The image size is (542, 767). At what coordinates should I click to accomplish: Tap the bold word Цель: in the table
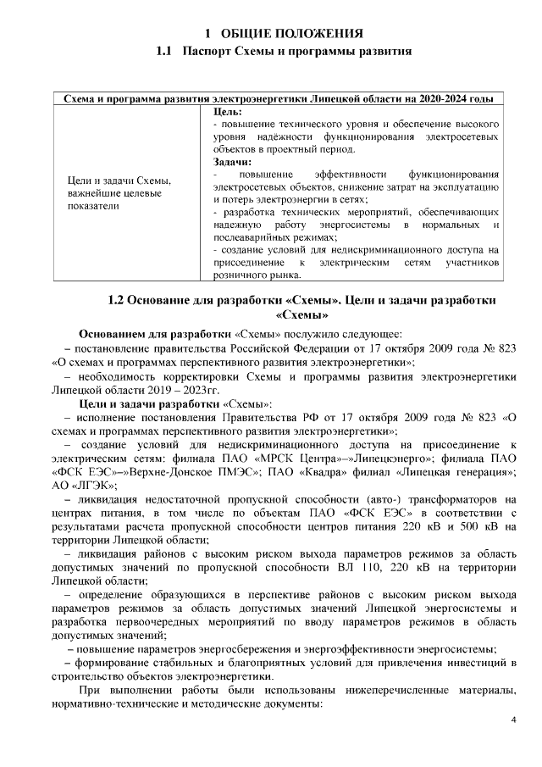click(x=228, y=111)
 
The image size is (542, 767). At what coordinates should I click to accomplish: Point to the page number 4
click(x=513, y=720)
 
